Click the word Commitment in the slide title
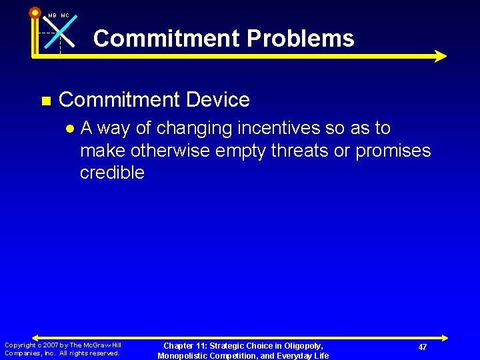[167, 38]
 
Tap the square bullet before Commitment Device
[46, 101]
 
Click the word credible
[112, 173]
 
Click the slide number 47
[423, 347]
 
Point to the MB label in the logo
[52, 15]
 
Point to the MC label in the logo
[65, 15]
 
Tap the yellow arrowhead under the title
[439, 56]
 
